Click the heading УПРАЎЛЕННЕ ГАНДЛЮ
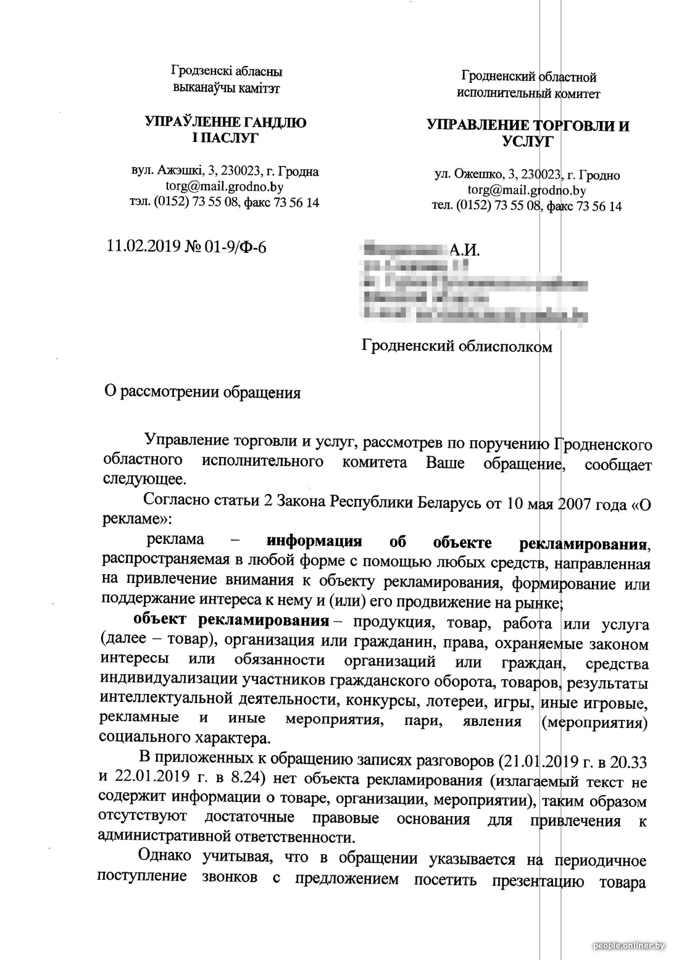(226, 122)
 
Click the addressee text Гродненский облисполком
(457, 346)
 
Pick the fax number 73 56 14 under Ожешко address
(599, 206)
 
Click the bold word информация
(314, 542)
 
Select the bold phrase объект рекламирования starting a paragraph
(231, 619)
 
